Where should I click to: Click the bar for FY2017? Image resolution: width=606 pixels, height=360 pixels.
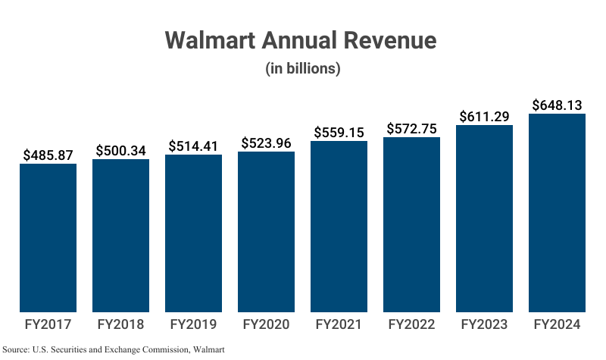pyautogui.click(x=48, y=237)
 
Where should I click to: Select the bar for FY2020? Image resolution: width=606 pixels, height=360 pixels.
pyautogui.click(x=266, y=231)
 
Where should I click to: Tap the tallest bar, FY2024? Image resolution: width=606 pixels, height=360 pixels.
pyautogui.click(x=557, y=212)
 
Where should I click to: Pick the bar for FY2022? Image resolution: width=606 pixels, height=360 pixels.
pyautogui.click(x=411, y=224)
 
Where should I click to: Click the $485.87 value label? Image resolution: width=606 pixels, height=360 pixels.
pyautogui.click(x=48, y=155)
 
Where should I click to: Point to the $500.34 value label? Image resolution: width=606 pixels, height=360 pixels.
pyautogui.click(x=120, y=150)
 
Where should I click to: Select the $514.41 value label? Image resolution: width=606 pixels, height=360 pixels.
pyautogui.click(x=193, y=146)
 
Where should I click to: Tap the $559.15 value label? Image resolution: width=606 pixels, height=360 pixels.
pyautogui.click(x=339, y=132)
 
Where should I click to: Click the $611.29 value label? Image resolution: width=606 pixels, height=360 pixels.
pyautogui.click(x=484, y=116)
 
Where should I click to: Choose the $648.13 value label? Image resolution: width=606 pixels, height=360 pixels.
pyautogui.click(x=557, y=105)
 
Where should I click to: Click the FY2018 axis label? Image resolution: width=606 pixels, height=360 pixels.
pyautogui.click(x=120, y=325)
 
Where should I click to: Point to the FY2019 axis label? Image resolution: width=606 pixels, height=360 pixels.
pyautogui.click(x=193, y=325)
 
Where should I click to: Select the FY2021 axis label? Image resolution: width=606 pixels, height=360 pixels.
pyautogui.click(x=339, y=325)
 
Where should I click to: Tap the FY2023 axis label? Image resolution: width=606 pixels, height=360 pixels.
pyautogui.click(x=484, y=325)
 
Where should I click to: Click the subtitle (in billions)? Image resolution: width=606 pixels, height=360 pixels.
pyautogui.click(x=302, y=68)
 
